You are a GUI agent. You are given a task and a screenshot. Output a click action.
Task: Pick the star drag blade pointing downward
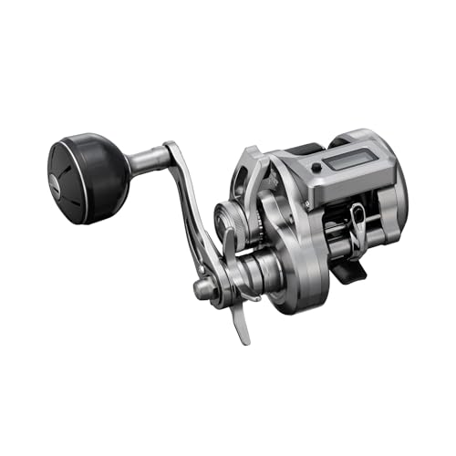[240, 319]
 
